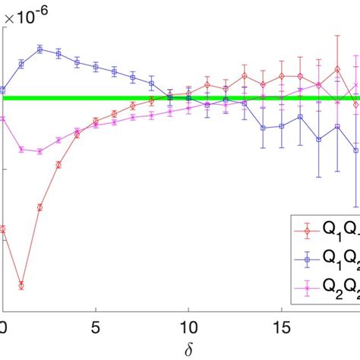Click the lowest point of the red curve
pyautogui.click(x=21, y=286)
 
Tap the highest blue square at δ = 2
pyautogui.click(x=40, y=49)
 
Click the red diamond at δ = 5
pyautogui.click(x=96, y=120)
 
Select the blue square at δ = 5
pyautogui.click(x=96, y=67)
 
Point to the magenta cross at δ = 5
pyautogui.click(x=96, y=125)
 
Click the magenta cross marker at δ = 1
pyautogui.click(x=21, y=150)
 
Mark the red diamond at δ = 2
pyautogui.click(x=40, y=206)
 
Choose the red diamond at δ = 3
pyautogui.click(x=58, y=164)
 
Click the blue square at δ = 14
pyautogui.click(x=263, y=128)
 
